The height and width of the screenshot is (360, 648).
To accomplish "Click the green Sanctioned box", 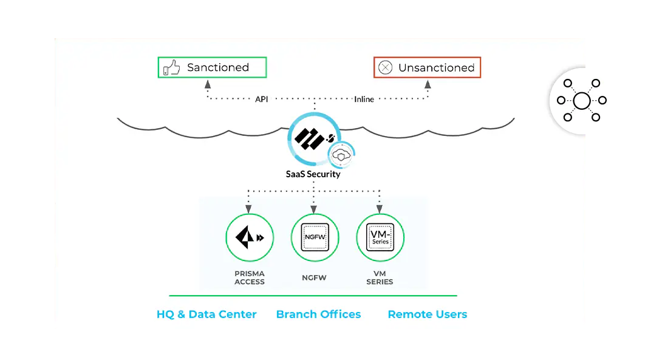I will tap(213, 67).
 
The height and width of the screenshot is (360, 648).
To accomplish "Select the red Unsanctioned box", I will tap(427, 67).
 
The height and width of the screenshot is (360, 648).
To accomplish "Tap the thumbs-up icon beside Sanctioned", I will tap(172, 68).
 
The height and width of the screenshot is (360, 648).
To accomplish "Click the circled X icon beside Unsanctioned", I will tap(385, 68).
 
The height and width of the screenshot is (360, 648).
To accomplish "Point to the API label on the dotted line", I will tap(261, 99).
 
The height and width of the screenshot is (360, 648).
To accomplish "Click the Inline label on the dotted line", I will tap(364, 99).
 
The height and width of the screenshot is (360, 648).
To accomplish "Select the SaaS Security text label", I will tap(313, 174).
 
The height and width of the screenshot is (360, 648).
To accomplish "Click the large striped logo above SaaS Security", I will tap(310, 138).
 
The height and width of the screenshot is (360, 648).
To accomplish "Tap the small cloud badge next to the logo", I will tap(342, 155).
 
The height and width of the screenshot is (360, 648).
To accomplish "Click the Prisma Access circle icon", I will tap(250, 238).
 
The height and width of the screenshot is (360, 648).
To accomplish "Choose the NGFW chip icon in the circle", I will tap(315, 238).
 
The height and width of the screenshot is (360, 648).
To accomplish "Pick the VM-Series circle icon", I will tap(380, 238).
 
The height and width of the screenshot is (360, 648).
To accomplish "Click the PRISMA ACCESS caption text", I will tap(250, 277).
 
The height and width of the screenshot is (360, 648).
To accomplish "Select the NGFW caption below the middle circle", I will tap(315, 277).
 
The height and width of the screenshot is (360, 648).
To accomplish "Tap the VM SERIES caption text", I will tap(380, 277).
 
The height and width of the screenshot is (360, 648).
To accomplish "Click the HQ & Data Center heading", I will tap(206, 314).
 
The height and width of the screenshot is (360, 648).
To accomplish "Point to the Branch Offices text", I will tap(318, 314).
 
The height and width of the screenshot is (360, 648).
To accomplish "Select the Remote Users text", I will tap(428, 314).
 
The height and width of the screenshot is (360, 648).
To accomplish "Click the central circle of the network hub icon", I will tap(581, 100).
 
